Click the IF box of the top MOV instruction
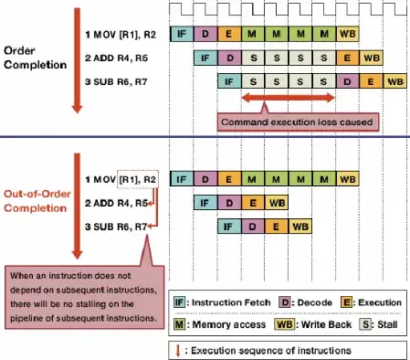point(183,34)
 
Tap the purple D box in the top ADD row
point(230,58)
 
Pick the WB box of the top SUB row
point(394,81)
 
